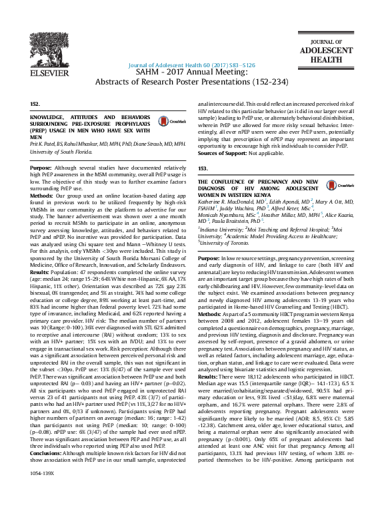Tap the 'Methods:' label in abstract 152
[42, 196]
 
